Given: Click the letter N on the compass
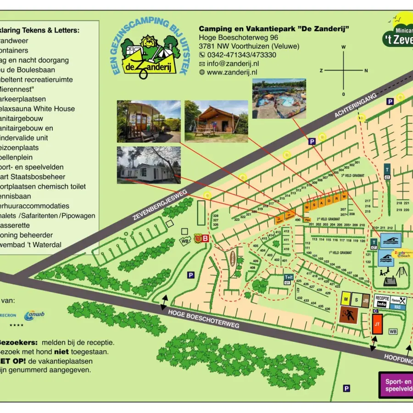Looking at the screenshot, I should [366, 71].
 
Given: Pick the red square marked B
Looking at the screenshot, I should [206, 238].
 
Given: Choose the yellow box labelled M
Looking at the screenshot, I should [346, 299].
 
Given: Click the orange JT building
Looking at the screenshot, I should [377, 324].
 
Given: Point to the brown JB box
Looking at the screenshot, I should [366, 300].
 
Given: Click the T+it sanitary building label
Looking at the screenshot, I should [288, 279].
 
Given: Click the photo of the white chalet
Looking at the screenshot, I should [148, 166].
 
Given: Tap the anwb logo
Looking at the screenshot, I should [34, 316].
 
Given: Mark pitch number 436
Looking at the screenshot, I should [327, 308].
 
